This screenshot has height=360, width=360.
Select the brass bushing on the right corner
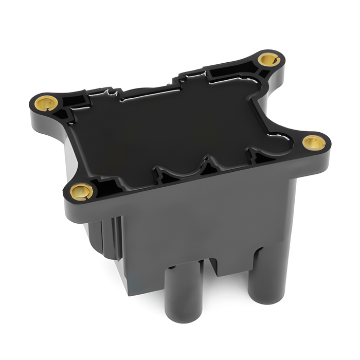313,142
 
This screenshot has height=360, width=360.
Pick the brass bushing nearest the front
81,191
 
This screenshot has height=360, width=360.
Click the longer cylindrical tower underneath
181,298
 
